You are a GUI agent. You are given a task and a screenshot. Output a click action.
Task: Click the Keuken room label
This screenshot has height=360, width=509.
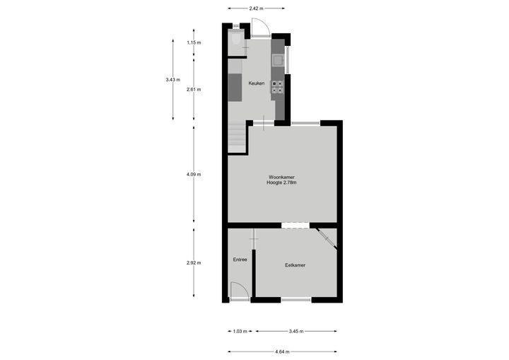tap(257, 83)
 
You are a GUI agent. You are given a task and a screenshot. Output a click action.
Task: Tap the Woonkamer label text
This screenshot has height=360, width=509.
tap(281, 177)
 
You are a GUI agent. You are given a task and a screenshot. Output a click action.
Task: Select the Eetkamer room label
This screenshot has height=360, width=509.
tap(295, 265)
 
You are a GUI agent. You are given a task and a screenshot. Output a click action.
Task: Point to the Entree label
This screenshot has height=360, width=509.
tap(240, 260)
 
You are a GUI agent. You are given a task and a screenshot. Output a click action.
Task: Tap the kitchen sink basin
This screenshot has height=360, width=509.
tap(278, 60)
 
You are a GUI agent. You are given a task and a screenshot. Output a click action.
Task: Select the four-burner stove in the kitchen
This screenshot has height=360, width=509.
tap(277, 87)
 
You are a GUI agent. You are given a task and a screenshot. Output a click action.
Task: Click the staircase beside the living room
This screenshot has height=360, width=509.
tap(237, 137)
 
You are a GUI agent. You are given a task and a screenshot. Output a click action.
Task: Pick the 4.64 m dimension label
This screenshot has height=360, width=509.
tap(282, 352)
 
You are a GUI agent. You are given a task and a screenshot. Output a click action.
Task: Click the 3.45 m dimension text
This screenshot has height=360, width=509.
tap(296, 332)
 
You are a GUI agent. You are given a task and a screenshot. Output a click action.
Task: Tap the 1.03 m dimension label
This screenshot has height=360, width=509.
tap(240, 332)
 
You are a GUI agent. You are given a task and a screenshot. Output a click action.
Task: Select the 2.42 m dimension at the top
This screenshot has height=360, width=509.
tap(256, 8)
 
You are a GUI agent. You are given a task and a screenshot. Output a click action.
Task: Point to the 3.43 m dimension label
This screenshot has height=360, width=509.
tap(172, 80)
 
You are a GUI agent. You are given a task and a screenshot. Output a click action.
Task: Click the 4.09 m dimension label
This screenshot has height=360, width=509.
tap(194, 175)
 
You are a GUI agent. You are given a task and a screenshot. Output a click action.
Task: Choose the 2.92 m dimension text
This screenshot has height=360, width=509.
tap(194, 263)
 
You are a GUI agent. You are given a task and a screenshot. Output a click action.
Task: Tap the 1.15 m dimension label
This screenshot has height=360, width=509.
tap(194, 42)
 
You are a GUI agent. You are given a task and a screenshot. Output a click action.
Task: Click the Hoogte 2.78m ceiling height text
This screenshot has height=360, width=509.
tap(281, 182)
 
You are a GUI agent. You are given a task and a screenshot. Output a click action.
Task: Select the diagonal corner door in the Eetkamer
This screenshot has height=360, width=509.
tap(327, 239)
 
